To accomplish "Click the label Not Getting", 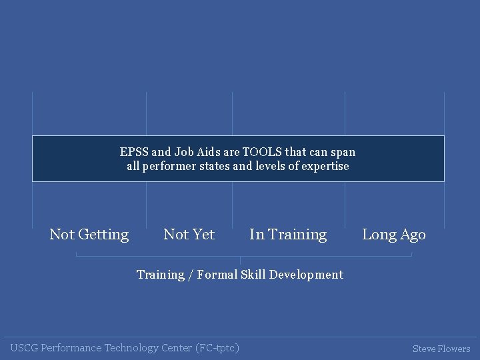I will click(x=89, y=235).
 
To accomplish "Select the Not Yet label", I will click(x=189, y=235).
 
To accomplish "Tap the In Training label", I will click(x=288, y=235).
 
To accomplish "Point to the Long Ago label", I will click(x=393, y=235).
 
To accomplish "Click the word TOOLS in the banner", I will click(x=263, y=152).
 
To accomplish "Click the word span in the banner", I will click(x=343, y=152).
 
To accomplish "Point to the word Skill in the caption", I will click(x=253, y=275).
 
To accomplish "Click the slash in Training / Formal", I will click(x=191, y=275).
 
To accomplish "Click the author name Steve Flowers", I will click(x=441, y=349).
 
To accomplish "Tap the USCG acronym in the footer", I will click(x=24, y=348).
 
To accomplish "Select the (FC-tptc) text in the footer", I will click(x=217, y=348).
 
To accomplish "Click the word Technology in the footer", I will click(x=133, y=348).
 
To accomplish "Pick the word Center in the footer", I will click(x=177, y=348).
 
